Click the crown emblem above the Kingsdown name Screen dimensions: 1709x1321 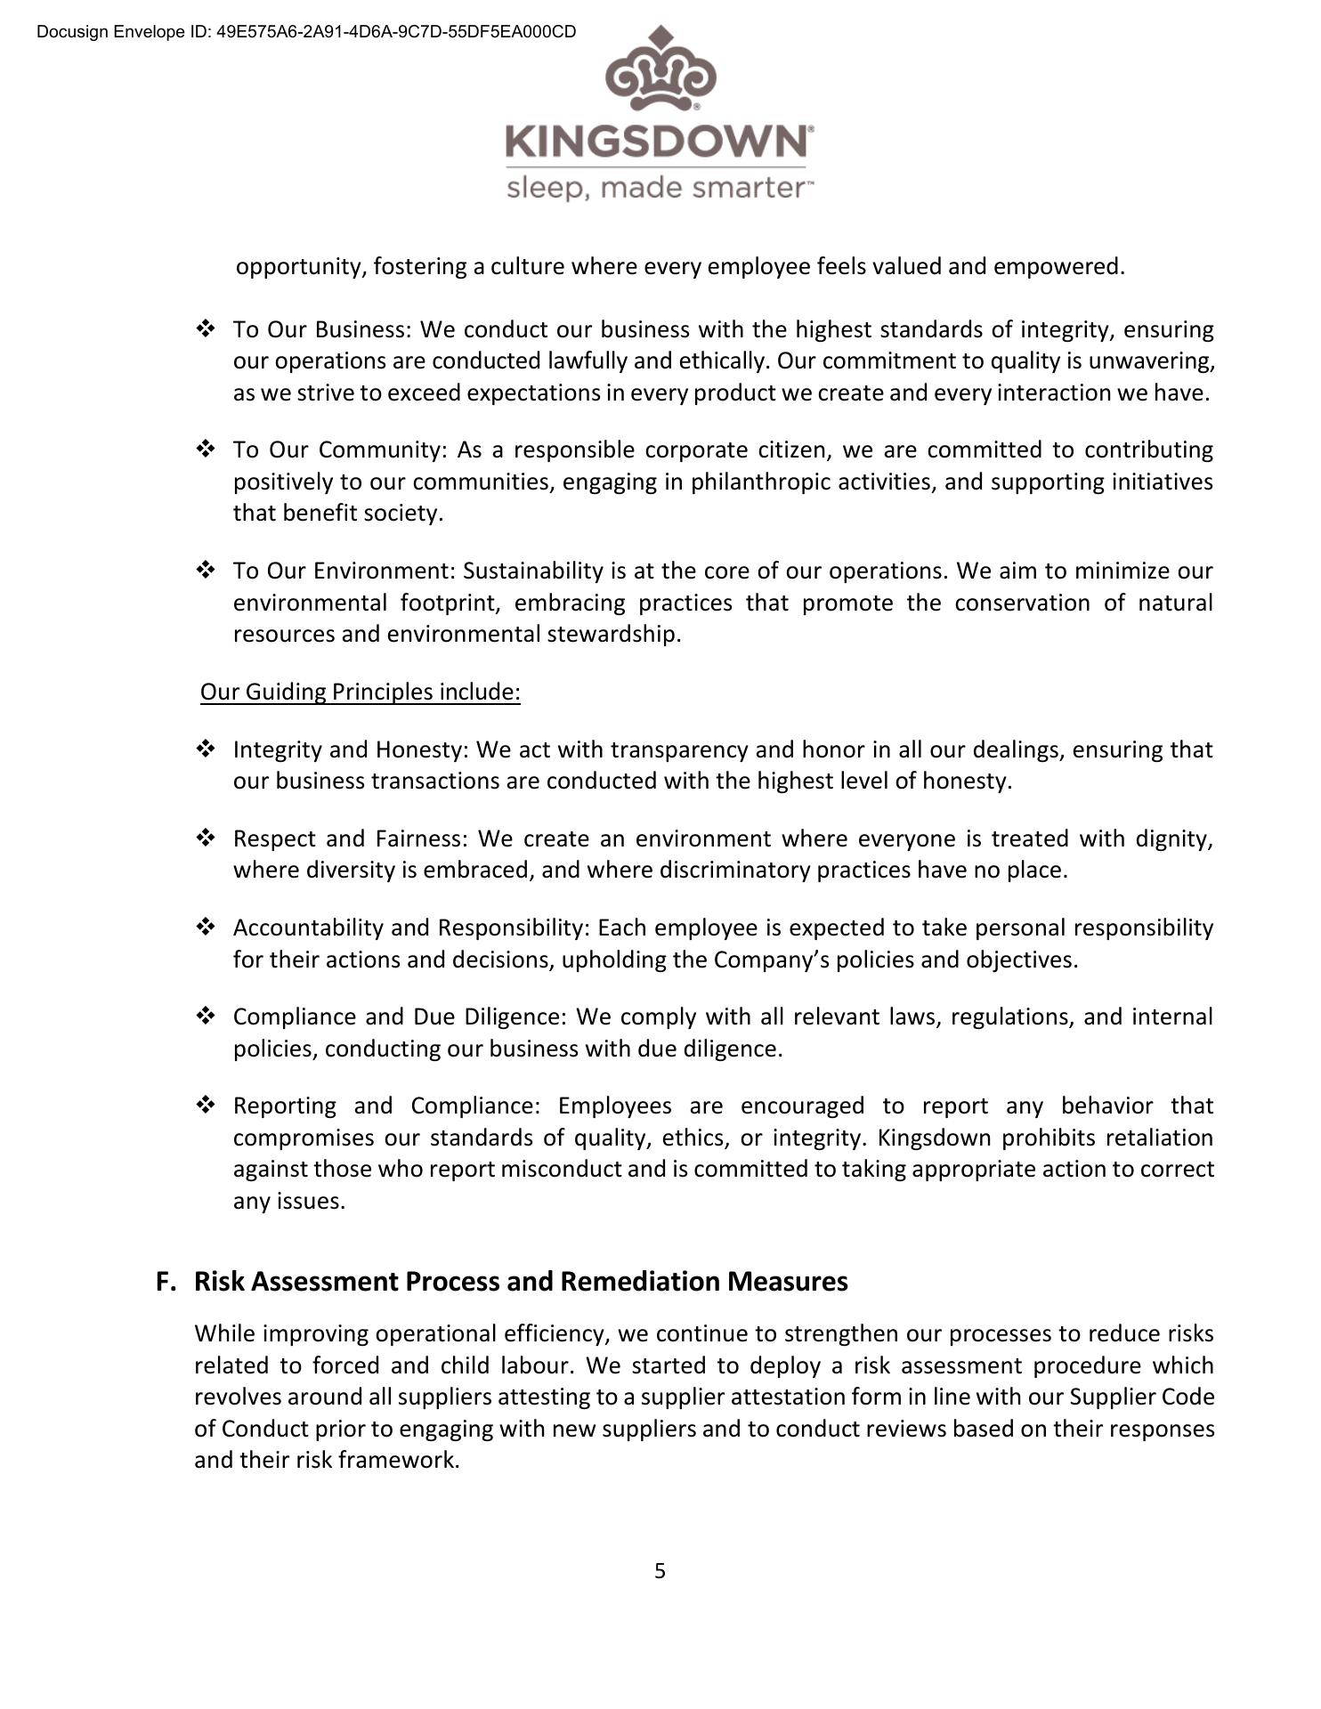(660, 71)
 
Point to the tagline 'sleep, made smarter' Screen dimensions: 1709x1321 (658, 189)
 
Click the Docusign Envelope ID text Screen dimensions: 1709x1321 (306, 32)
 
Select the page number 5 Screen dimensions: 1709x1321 (660, 1571)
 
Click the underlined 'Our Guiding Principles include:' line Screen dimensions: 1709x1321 (360, 692)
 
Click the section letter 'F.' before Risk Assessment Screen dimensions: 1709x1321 (166, 1281)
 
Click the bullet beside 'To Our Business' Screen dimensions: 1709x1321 (206, 329)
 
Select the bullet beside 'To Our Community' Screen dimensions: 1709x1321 (206, 450)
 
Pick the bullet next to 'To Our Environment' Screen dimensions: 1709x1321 (206, 571)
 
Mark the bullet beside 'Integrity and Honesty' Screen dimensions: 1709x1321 (206, 749)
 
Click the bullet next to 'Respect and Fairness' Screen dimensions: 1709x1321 (206, 838)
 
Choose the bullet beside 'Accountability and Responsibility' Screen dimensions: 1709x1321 (206, 927)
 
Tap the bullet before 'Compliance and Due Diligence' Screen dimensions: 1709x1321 (206, 1016)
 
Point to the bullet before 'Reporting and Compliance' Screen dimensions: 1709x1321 (206, 1106)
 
